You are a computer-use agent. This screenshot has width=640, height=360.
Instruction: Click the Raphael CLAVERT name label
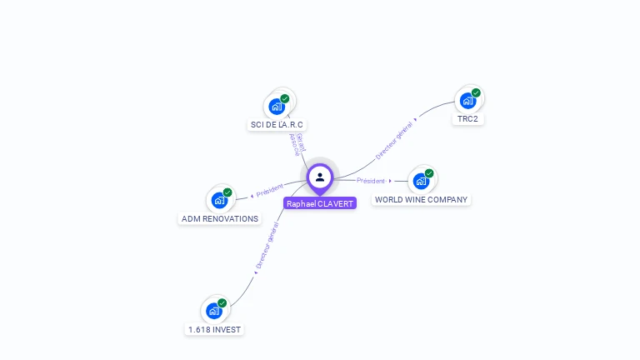[320, 203]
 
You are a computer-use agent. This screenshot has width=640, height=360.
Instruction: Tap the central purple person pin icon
[320, 177]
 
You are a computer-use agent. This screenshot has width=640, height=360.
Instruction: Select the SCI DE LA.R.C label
[277, 125]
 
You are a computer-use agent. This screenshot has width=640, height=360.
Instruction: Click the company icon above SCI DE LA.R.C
[277, 107]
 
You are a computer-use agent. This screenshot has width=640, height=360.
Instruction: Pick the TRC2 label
[467, 118]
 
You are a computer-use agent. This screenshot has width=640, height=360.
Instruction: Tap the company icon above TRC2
[467, 101]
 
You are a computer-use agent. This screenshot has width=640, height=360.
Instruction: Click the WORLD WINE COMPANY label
[421, 200]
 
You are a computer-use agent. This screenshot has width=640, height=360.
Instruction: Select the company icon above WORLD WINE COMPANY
[421, 181]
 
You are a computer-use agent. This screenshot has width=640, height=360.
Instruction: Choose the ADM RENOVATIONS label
[220, 219]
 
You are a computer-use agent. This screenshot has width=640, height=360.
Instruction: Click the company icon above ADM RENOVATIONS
[219, 200]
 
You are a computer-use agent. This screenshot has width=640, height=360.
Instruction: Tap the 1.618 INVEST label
[214, 329]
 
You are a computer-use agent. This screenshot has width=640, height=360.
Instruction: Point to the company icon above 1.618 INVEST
[214, 311]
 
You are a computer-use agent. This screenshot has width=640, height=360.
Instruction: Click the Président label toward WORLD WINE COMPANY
[371, 181]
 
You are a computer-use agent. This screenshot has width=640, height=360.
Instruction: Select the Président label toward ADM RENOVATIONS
[270, 191]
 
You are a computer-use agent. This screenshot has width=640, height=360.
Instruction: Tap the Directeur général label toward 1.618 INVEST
[267, 246]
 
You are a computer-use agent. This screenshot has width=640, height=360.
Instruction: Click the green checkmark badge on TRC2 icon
[476, 92]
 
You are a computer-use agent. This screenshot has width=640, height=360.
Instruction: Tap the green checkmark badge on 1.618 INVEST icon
[222, 302]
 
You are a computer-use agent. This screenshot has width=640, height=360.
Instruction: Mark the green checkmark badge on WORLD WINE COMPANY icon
[429, 173]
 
